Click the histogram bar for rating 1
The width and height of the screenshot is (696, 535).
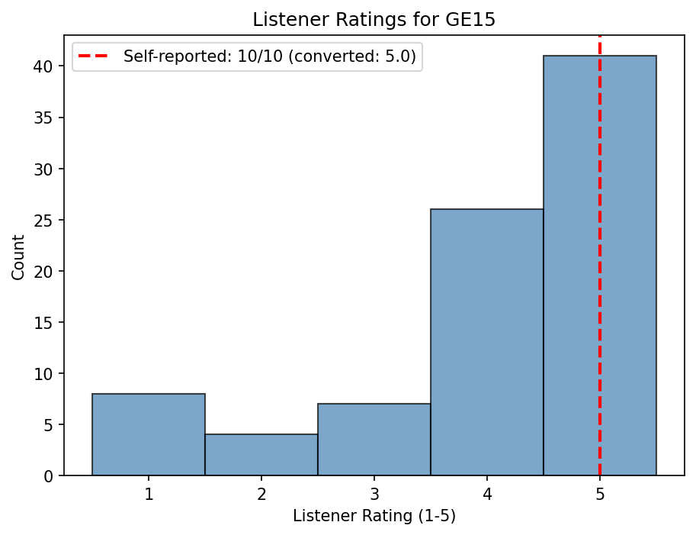149,434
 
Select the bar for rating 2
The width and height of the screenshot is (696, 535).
261,455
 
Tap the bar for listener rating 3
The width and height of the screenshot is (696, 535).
374,440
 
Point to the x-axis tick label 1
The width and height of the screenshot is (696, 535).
149,494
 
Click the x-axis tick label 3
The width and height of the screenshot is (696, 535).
374,494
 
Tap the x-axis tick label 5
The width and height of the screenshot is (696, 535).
600,494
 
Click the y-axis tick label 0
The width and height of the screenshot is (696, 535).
54,476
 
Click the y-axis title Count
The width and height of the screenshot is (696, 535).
18,257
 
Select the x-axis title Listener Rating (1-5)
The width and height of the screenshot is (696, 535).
374,517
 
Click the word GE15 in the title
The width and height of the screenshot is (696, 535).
473,20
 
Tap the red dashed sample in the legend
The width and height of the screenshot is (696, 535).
95,56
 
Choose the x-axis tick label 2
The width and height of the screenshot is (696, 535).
261,494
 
